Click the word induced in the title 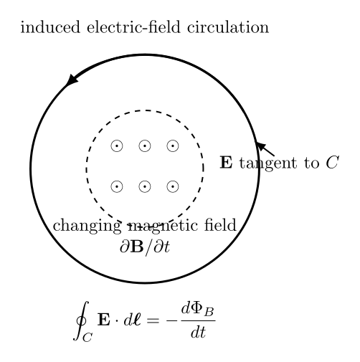(x=50, y=27)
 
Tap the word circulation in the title (x=228, y=27)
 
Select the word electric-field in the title (x=133, y=27)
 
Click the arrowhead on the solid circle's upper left (x=72, y=80)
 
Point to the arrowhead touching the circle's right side (x=261, y=146)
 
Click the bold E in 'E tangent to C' (x=226, y=163)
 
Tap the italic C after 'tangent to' (x=332, y=163)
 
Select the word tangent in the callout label (x=268, y=164)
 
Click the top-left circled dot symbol (x=117, y=146)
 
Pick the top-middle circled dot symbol (x=145, y=146)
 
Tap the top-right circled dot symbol (x=173, y=146)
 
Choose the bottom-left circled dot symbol (x=117, y=186)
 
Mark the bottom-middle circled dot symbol (x=145, y=186)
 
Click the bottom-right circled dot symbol (x=173, y=186)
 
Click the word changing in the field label (x=87, y=226)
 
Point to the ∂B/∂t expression (x=145, y=246)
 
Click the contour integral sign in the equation (x=82, y=320)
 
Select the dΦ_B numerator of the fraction (x=197, y=310)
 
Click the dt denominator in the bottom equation (x=198, y=332)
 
